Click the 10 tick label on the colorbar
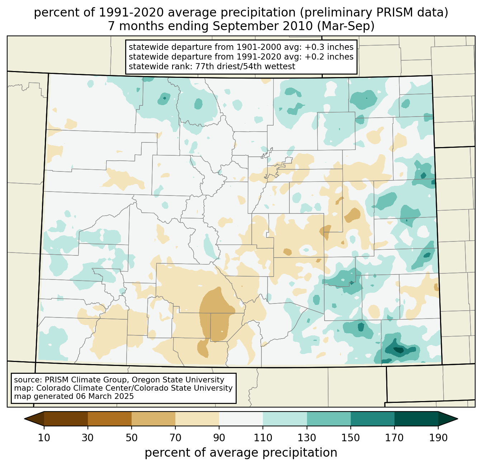click(x=44, y=438)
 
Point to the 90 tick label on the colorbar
click(x=219, y=438)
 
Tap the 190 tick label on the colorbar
click(x=438, y=438)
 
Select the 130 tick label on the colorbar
click(x=307, y=438)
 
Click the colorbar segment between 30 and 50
click(x=110, y=419)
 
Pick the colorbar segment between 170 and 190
click(x=416, y=419)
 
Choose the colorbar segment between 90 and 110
click(x=241, y=419)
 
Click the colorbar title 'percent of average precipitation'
click(x=241, y=453)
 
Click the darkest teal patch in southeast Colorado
click(x=398, y=350)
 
